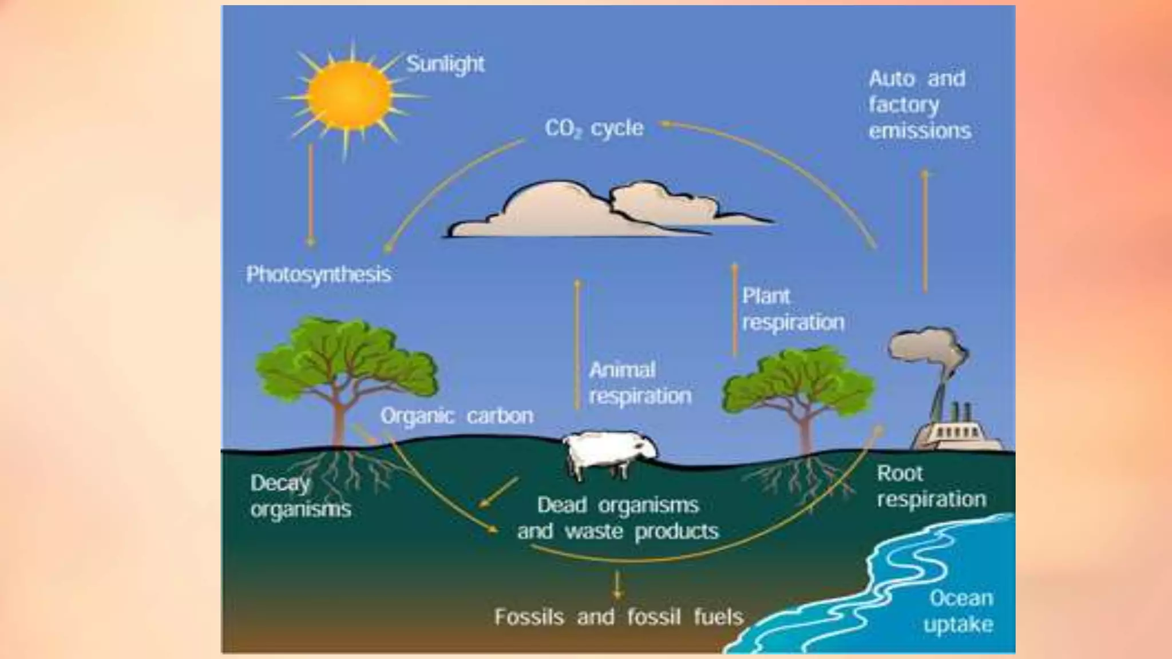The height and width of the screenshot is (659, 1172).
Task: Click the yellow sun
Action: pyautogui.click(x=350, y=96)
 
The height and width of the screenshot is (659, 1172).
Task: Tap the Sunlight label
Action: pyautogui.click(x=445, y=64)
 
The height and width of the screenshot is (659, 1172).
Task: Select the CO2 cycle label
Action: pyautogui.click(x=593, y=128)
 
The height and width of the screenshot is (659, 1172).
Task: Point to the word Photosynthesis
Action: pyautogui.click(x=318, y=275)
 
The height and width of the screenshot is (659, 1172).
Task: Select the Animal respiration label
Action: pyautogui.click(x=640, y=383)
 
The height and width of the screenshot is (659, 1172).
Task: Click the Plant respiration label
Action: pyautogui.click(x=793, y=309)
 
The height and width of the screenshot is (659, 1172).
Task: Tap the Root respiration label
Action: pyautogui.click(x=931, y=486)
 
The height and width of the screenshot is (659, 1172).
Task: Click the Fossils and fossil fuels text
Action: pyautogui.click(x=619, y=617)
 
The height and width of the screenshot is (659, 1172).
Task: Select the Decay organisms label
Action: pyautogui.click(x=300, y=496)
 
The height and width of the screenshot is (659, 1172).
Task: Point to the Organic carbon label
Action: pyautogui.click(x=457, y=416)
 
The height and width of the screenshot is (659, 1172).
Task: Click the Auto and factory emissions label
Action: pyautogui.click(x=919, y=105)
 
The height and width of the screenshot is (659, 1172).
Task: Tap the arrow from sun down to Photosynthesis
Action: pyautogui.click(x=311, y=194)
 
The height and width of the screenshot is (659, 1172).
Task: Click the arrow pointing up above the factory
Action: pyautogui.click(x=925, y=229)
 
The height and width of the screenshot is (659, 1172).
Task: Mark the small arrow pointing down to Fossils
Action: pyautogui.click(x=617, y=585)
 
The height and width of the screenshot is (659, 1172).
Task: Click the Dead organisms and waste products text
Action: pyautogui.click(x=617, y=518)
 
